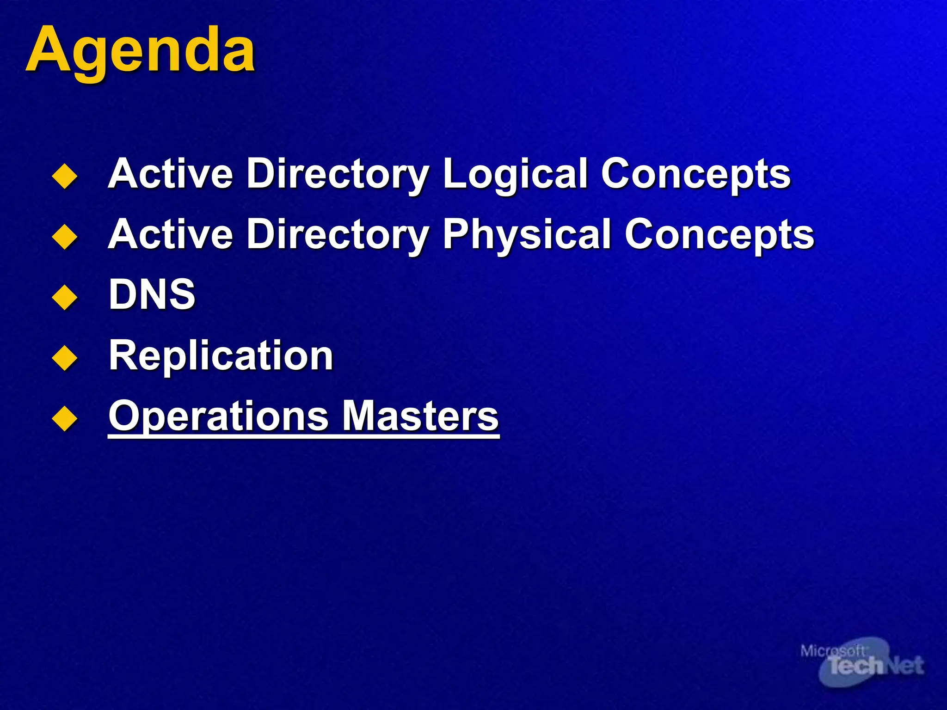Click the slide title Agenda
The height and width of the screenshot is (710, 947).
coord(140,49)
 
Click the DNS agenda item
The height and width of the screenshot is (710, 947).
coord(152,294)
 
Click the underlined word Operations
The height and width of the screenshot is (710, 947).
coord(218,416)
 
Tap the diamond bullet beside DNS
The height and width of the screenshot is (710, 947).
coord(65,297)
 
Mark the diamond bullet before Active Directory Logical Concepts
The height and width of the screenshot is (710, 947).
coord(65,176)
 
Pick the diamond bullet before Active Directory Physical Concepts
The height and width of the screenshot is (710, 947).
coord(65,237)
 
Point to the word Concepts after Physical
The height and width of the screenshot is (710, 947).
coord(719,234)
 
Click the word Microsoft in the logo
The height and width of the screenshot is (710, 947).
coord(832,651)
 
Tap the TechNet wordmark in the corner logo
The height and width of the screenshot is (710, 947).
coord(875,666)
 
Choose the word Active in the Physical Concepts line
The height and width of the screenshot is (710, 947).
coord(170,234)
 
